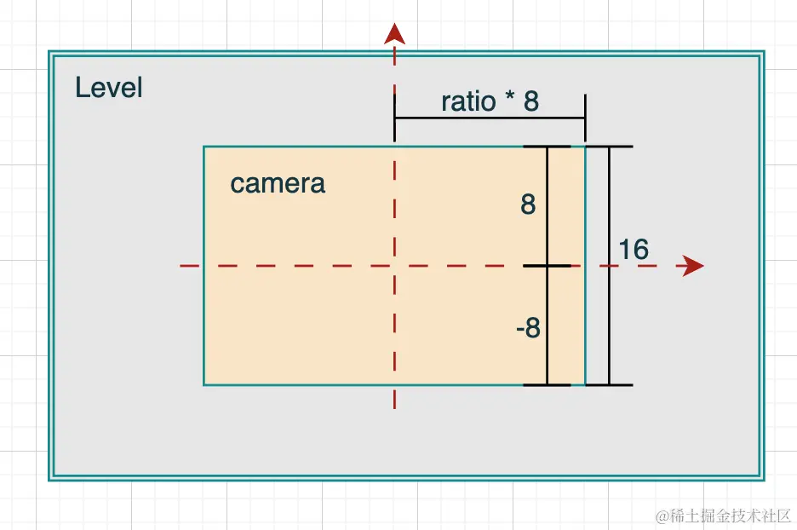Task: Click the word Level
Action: pos(108,88)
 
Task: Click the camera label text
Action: pos(278,184)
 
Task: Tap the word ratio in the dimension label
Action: pos(468,101)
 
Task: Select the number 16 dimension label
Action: pos(634,250)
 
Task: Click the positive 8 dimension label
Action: pos(528,205)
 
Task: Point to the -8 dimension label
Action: pos(528,328)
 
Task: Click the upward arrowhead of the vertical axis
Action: pos(394,33)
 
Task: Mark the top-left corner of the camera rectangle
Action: pos(204,147)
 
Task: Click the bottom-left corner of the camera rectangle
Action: pos(204,385)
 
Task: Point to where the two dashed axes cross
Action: pos(394,267)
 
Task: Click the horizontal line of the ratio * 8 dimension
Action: pos(490,118)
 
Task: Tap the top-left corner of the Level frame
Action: pos(50,53)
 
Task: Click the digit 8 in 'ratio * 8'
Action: pos(530,101)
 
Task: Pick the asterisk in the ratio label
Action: pos(510,100)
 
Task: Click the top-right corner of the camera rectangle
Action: pos(585,147)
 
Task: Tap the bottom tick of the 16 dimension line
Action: pos(609,385)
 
